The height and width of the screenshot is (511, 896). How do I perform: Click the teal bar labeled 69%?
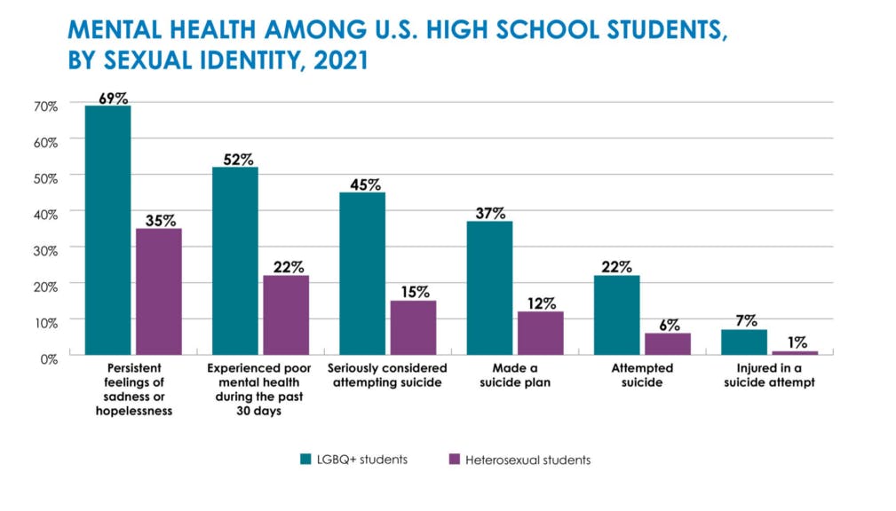point(107,230)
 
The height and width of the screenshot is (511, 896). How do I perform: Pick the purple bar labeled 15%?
point(413,327)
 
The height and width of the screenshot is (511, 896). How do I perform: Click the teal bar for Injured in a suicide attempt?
point(743,342)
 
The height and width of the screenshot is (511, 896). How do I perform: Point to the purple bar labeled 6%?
point(668,343)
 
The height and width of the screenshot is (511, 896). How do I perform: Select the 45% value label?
point(362,185)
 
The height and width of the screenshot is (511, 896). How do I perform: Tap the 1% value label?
point(795,342)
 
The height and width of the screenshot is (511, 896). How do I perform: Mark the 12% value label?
point(540,303)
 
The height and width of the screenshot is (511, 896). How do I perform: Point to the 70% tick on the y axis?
point(46,106)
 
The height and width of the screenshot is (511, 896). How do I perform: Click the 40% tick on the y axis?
point(46,214)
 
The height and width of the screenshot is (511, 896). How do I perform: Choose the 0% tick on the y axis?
point(49,358)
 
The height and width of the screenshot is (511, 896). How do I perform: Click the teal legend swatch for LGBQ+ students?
point(305,460)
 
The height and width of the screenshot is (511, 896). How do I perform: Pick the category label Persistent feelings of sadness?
point(132,382)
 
